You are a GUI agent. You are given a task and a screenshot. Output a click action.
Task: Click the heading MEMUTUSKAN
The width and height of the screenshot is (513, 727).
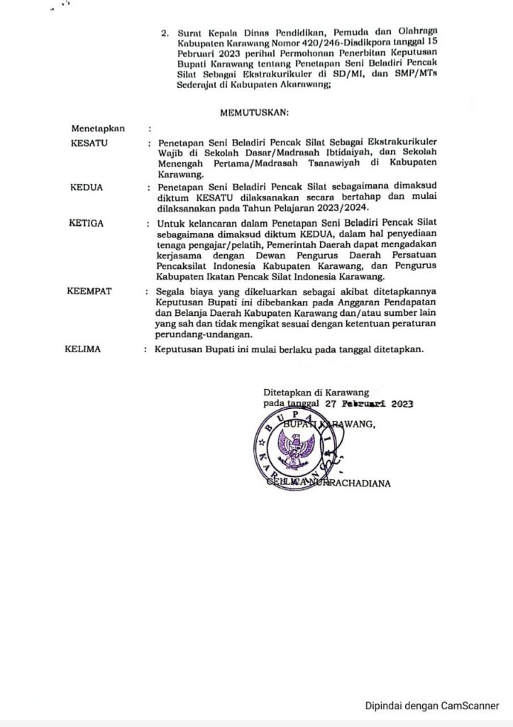pos(255,111)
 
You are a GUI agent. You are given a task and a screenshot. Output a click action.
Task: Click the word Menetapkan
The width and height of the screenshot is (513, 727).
pos(98,129)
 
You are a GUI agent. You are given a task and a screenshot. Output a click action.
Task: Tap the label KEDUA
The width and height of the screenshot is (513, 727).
pos(87,187)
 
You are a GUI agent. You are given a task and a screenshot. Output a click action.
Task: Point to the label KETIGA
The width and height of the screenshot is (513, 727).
pos(87,222)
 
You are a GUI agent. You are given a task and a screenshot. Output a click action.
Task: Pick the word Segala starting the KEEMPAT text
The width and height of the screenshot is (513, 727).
pos(172,292)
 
